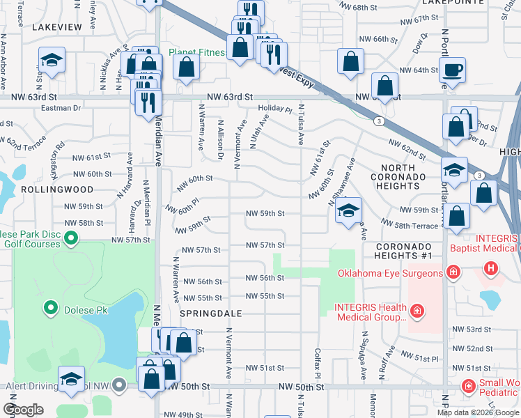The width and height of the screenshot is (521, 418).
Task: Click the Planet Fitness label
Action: [198, 53]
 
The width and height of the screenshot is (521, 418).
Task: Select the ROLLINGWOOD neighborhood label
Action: [47, 189]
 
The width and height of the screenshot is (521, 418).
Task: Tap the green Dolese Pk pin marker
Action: [50, 307]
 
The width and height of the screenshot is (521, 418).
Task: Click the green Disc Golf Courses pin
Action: [70, 240]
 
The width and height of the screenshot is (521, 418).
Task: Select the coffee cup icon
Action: [452, 70]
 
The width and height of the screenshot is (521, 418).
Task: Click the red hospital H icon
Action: [491, 268]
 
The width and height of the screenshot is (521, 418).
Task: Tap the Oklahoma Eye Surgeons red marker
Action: [453, 271]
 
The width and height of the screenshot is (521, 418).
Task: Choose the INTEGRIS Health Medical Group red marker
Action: [417, 310]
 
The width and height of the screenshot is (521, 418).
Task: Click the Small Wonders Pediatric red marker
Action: [468, 385]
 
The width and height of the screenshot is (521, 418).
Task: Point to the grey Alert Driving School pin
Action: [119, 385]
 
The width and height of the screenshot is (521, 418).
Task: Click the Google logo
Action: [23, 410]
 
